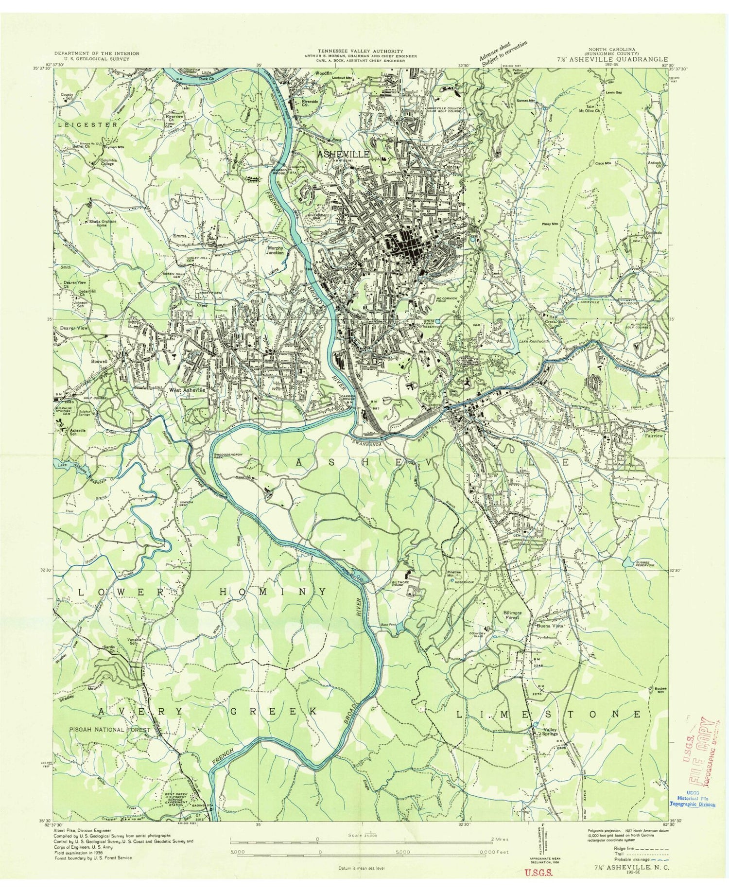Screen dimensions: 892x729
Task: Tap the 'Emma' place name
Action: (x=180, y=236)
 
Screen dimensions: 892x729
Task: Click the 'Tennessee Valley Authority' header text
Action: (x=360, y=51)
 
